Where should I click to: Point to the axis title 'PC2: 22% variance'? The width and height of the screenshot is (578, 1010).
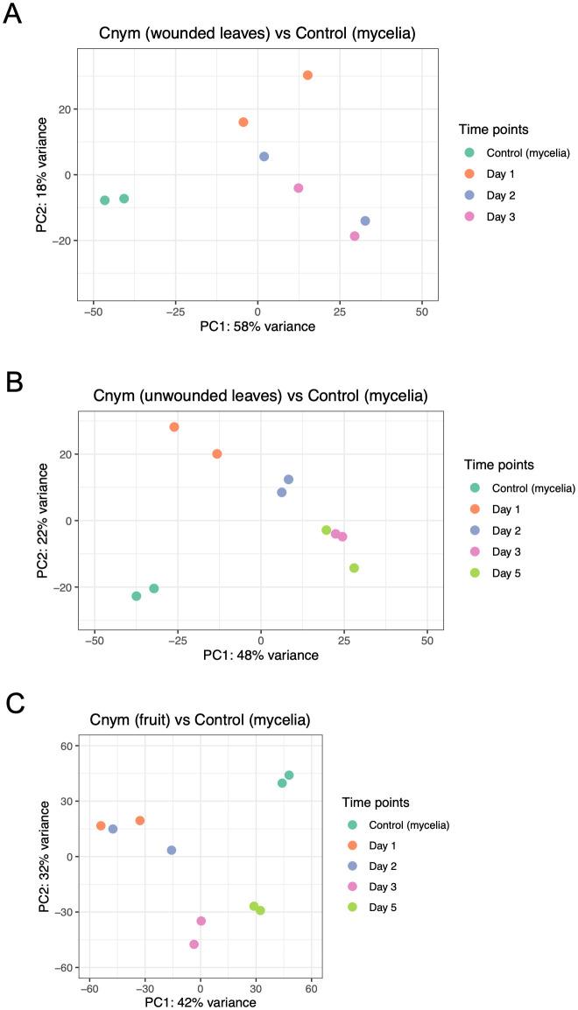(x=42, y=521)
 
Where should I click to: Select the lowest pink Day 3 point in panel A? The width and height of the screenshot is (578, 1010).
(x=355, y=236)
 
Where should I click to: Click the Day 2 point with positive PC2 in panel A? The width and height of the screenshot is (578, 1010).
(x=264, y=157)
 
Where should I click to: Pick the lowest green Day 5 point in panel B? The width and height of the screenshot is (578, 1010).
(x=354, y=568)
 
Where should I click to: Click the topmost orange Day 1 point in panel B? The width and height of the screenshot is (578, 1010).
(x=174, y=427)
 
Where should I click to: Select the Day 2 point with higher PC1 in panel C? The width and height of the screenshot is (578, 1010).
(x=172, y=850)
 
